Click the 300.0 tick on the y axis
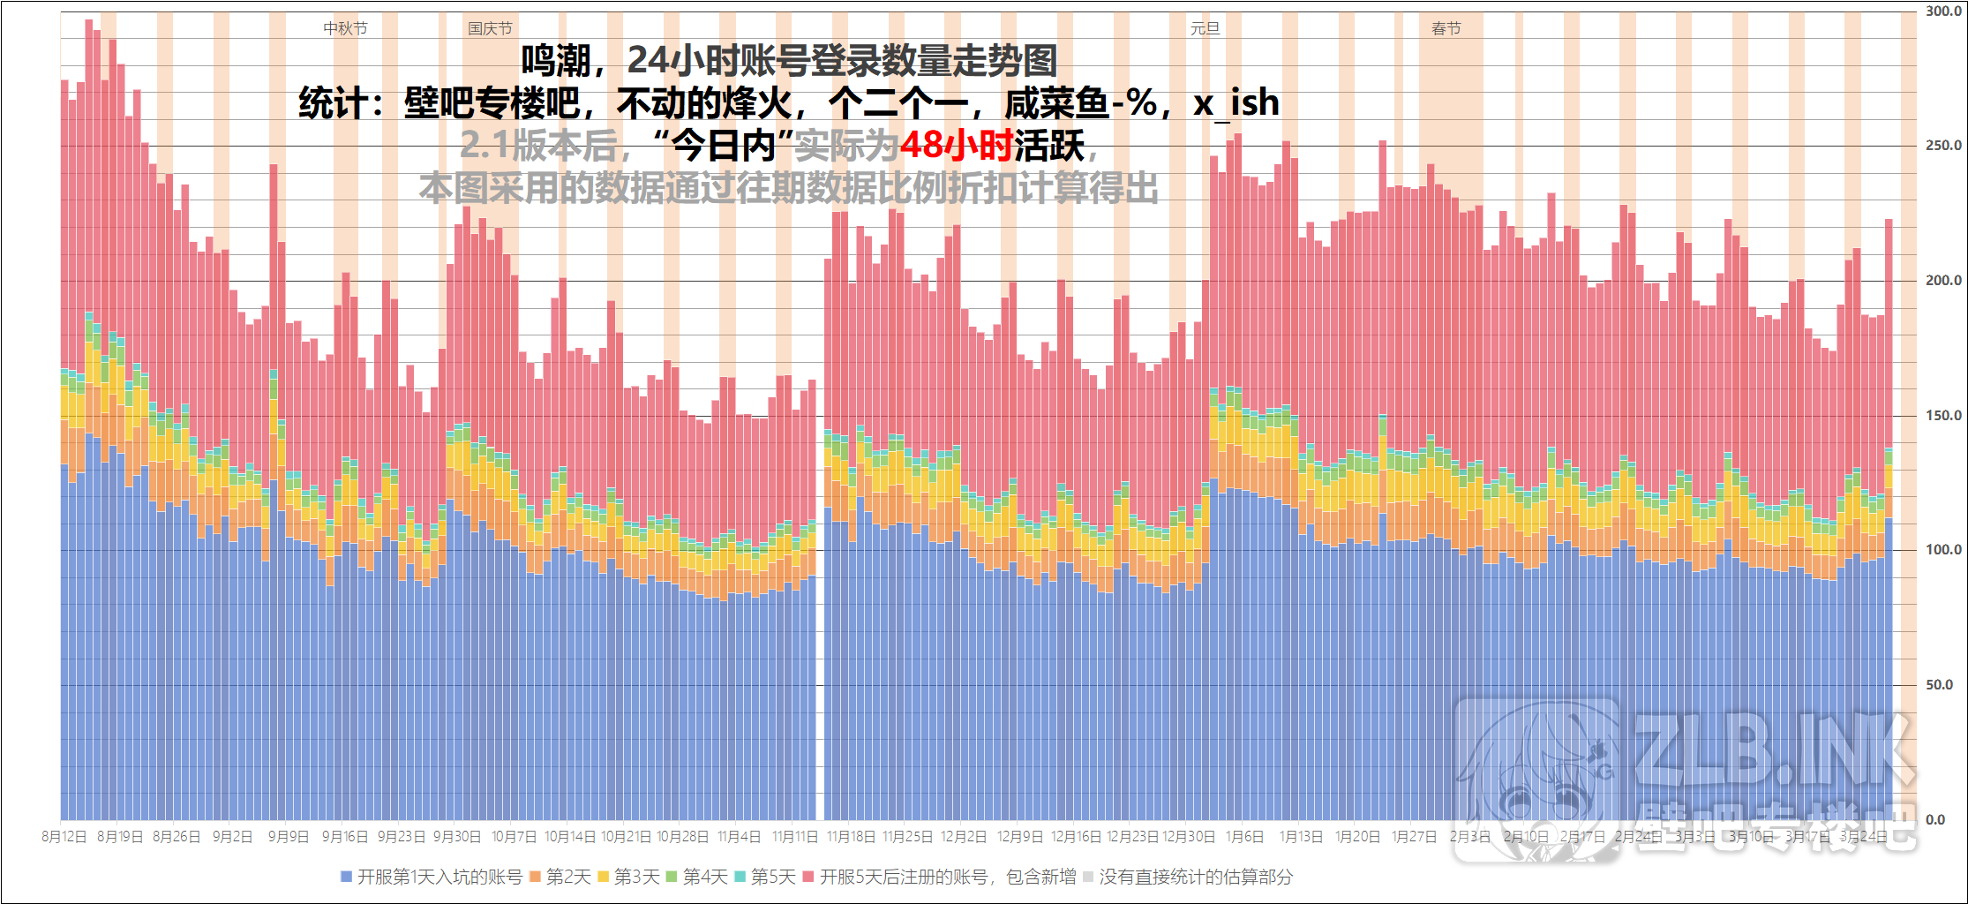[1943, 11]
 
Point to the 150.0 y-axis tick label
[1943, 416]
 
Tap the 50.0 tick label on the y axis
[1939, 685]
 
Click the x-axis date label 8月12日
[64, 837]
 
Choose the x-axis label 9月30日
[456, 837]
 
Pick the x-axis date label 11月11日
[794, 837]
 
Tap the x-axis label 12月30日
[1188, 837]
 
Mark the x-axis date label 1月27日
[1414, 837]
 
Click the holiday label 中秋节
[345, 29]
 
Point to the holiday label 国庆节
[490, 29]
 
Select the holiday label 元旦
[1205, 29]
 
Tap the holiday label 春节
[1446, 29]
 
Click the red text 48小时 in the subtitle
[956, 146]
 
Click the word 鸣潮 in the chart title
[555, 61]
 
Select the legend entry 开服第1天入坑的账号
[432, 877]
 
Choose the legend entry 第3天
[629, 877]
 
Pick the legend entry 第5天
[765, 877]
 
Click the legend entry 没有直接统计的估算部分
[1188, 877]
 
